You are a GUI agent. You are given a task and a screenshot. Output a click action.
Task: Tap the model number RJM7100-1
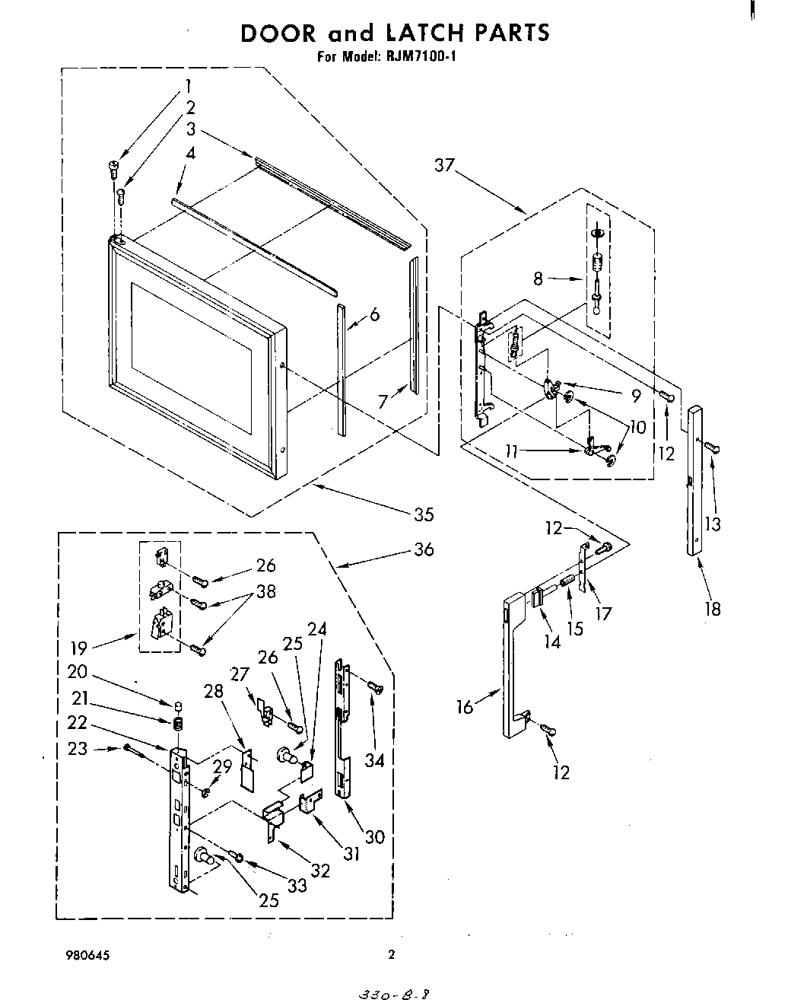coord(418,56)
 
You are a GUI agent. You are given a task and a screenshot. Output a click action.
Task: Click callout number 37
coord(446,164)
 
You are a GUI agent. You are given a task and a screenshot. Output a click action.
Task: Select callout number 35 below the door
coord(423,514)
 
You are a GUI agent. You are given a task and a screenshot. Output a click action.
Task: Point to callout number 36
coord(424,549)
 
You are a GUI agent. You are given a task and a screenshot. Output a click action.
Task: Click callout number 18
coord(712,608)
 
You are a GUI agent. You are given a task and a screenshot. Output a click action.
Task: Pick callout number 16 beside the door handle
coord(465,707)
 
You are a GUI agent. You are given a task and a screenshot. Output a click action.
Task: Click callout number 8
coord(539,279)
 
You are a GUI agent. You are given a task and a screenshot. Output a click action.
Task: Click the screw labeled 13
coord(713,447)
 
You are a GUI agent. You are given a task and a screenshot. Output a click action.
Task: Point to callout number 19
coord(79,648)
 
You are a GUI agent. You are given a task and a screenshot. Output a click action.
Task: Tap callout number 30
coord(375,836)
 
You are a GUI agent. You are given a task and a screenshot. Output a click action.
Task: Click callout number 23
coord(78,748)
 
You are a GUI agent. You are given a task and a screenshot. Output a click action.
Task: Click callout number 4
coord(190,153)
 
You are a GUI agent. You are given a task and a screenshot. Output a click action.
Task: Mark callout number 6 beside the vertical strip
coord(374,315)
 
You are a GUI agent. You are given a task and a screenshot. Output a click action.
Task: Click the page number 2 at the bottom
coord(392,955)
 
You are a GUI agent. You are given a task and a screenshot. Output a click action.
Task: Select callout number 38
coord(266,591)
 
